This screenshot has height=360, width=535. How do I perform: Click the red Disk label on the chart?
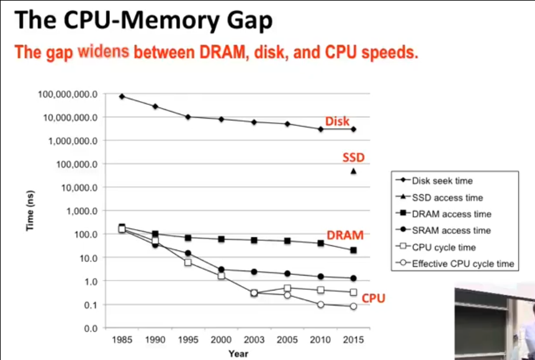(x=338, y=122)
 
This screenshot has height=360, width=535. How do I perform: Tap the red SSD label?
(x=354, y=158)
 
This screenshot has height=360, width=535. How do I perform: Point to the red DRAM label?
(x=345, y=235)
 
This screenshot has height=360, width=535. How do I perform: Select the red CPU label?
(x=374, y=299)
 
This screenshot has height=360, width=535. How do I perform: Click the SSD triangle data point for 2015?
(x=354, y=171)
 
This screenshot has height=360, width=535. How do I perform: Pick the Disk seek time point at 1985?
(x=122, y=96)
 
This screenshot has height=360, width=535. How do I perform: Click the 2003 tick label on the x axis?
(x=254, y=341)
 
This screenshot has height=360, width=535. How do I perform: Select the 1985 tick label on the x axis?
(x=122, y=341)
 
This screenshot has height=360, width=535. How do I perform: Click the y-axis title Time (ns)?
(x=30, y=211)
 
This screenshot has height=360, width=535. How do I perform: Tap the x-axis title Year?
(x=238, y=354)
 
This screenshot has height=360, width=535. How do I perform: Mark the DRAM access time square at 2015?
(x=354, y=250)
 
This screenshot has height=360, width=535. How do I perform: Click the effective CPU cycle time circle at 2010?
(x=320, y=304)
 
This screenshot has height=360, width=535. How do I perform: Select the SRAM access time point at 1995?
(x=188, y=253)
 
